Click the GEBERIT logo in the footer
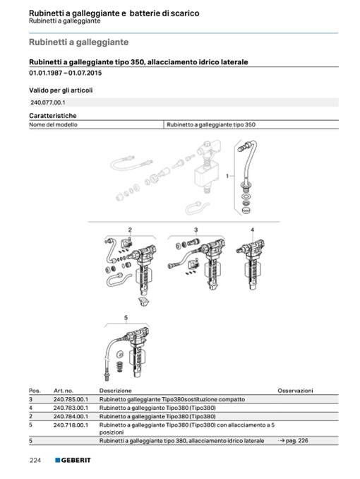coord(73,460)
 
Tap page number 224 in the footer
coord(35,461)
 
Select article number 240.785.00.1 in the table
coord(71,399)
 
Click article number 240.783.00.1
coord(71,408)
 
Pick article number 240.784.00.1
coord(71,416)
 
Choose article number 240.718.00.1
coord(71,425)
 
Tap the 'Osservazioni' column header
coord(295,391)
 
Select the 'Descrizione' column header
coord(115,391)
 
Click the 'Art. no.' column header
coord(64,391)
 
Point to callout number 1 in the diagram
coord(227,176)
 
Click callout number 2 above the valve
coord(130,230)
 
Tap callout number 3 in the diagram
coord(196,230)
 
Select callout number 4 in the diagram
coord(252,230)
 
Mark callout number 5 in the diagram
coord(126,318)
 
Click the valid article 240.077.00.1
coord(47,102)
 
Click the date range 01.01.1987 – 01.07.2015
coord(66,73)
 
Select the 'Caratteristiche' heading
coord(53,116)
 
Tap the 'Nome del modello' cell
coord(53,124)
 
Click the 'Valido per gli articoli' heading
coord(61,90)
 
